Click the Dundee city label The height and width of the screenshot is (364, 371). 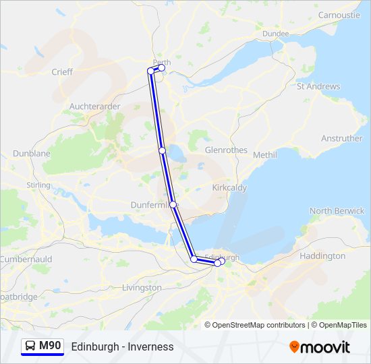click(x=275, y=34)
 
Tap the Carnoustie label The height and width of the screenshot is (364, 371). click(x=339, y=15)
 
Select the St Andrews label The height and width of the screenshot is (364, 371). click(x=318, y=86)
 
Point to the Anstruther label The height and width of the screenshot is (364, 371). click(x=341, y=139)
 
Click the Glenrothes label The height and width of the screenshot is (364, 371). click(x=226, y=150)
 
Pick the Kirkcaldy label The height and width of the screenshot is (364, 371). click(x=229, y=187)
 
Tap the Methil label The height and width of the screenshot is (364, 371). click(x=265, y=155)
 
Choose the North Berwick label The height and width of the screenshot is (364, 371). click(x=337, y=211)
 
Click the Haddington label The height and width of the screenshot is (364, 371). click(x=322, y=256)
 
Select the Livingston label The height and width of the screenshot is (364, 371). click(x=142, y=288)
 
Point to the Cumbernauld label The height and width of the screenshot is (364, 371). click(x=25, y=260)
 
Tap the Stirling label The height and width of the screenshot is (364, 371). click(x=38, y=185)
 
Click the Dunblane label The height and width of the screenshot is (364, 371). click(x=31, y=154)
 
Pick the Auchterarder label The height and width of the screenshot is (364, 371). click(x=94, y=107)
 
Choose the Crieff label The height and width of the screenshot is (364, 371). click(x=62, y=71)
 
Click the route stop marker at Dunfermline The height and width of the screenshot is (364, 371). click(x=173, y=204)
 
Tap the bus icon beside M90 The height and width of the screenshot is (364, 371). click(x=30, y=346)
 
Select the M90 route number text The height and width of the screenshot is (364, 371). click(x=50, y=346)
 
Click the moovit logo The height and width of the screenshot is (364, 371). click(x=320, y=347)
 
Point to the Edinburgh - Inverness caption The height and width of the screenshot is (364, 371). click(x=122, y=347)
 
